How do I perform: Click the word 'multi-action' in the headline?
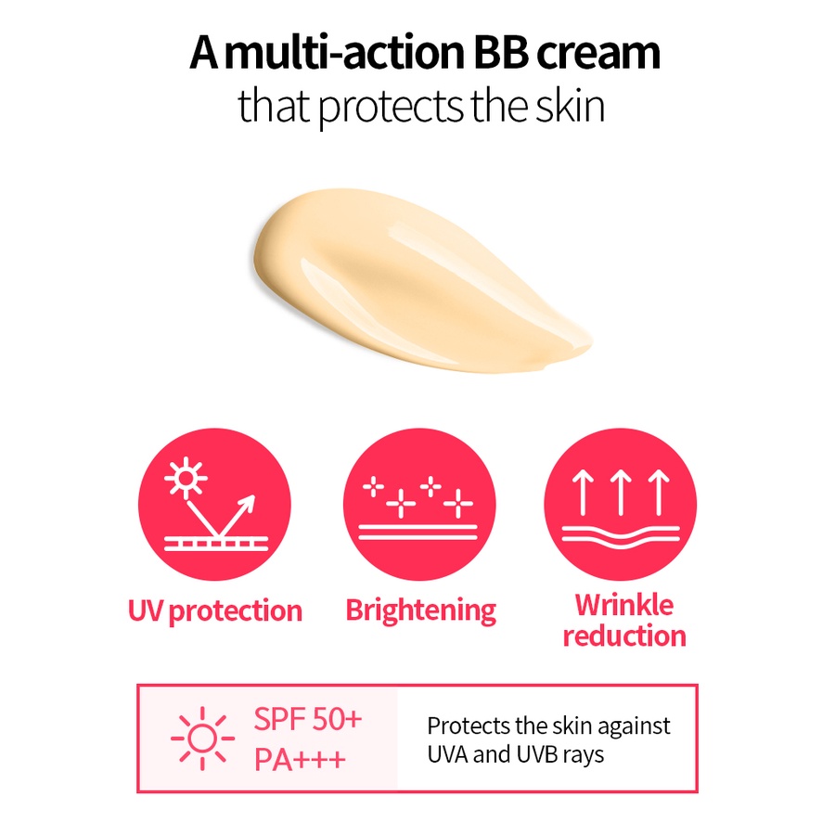(x=344, y=52)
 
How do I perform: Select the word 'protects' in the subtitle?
(x=392, y=107)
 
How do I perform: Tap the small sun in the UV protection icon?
(x=186, y=478)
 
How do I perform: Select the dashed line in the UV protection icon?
(x=216, y=544)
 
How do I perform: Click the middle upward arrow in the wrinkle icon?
(x=621, y=492)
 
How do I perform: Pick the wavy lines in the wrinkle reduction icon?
(x=621, y=537)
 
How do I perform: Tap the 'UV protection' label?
(x=215, y=610)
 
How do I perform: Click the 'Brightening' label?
(x=420, y=610)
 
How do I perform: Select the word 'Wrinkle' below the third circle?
(x=624, y=605)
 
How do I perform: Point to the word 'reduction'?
(x=624, y=636)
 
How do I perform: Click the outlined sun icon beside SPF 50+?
(x=202, y=739)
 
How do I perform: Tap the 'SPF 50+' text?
(x=308, y=719)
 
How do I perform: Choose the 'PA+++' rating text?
(x=300, y=759)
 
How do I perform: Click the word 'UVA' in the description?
(x=447, y=754)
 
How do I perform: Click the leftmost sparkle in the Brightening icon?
(x=373, y=487)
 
